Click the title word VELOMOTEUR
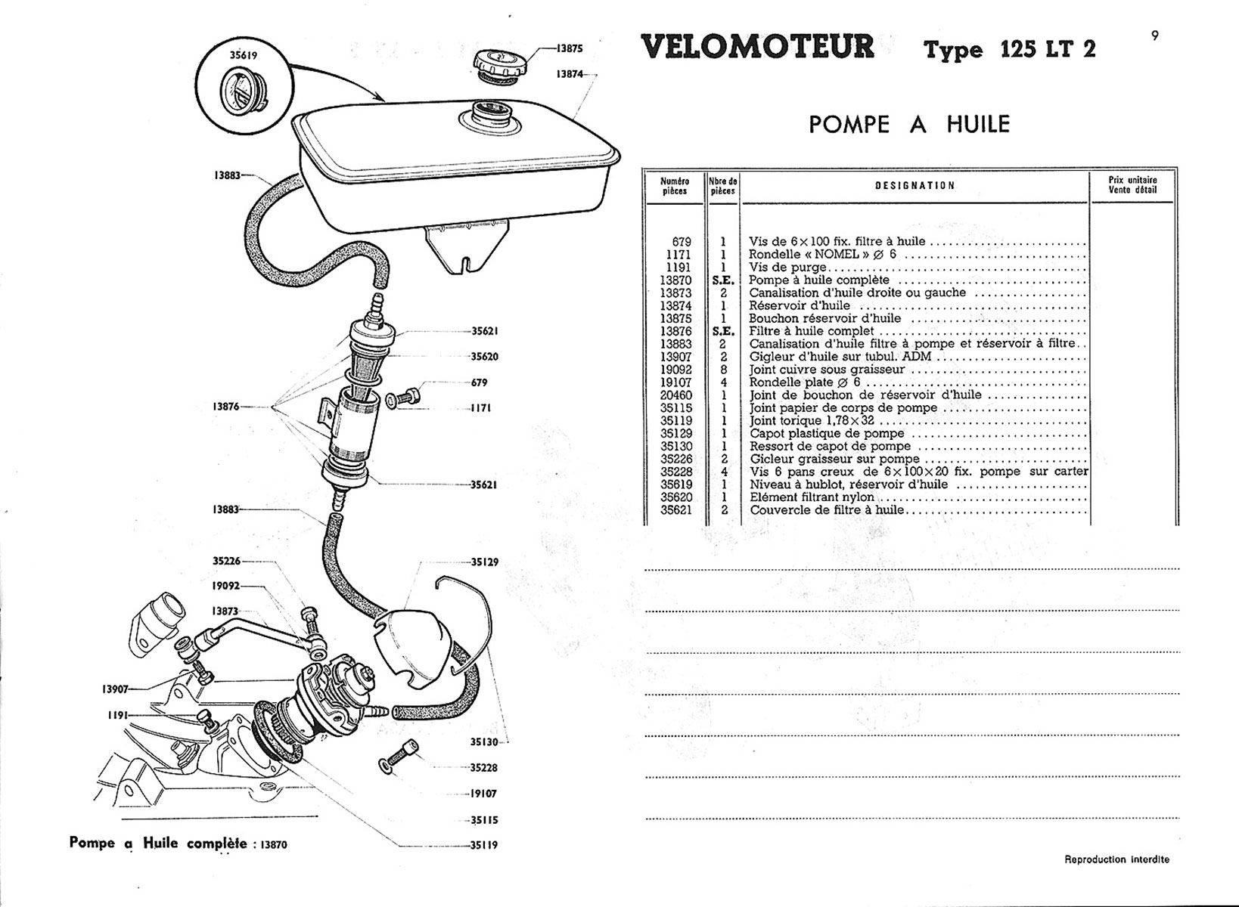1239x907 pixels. (757, 47)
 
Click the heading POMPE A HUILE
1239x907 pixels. (909, 124)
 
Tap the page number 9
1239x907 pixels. (1155, 34)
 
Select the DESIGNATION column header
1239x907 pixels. (914, 185)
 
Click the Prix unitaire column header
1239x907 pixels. (1132, 184)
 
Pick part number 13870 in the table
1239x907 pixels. (675, 280)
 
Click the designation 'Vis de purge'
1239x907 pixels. (787, 267)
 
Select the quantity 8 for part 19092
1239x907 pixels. (723, 370)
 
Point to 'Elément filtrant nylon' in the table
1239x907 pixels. (812, 497)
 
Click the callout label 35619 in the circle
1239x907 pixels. (244, 55)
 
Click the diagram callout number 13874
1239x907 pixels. (570, 74)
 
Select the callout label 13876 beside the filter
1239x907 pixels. (225, 407)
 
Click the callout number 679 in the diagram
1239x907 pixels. (479, 382)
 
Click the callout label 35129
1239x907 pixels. (484, 562)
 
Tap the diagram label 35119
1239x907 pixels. (484, 845)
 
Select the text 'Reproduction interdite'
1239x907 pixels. (1116, 859)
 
